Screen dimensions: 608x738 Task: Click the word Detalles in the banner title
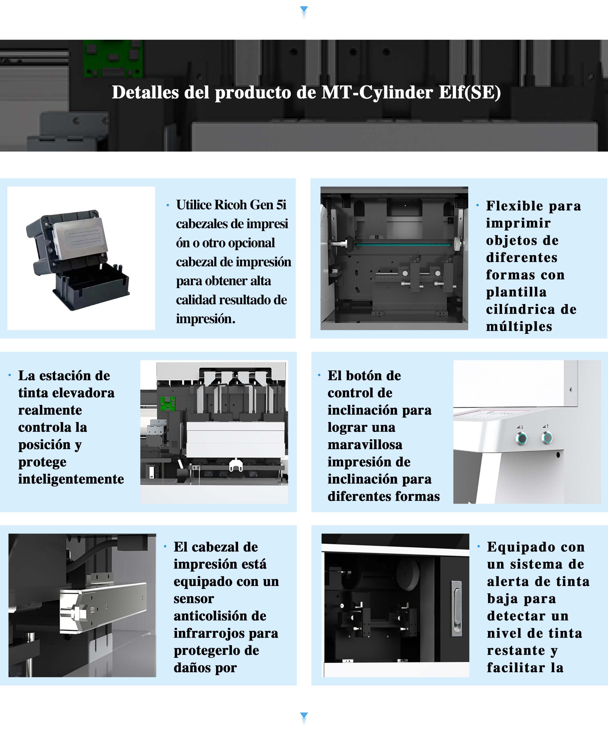145,92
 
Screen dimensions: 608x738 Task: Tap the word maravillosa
365,445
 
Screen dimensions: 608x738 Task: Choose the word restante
516,650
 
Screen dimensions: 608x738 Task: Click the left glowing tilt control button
522,438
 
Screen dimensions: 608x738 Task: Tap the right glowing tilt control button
547,437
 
